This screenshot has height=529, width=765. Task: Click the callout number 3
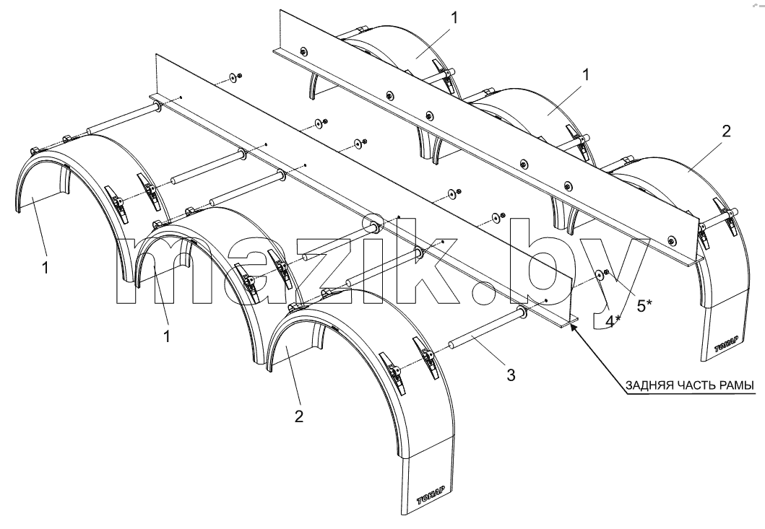(x=510, y=375)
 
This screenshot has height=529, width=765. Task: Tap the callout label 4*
(x=613, y=320)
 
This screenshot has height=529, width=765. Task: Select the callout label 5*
(x=644, y=306)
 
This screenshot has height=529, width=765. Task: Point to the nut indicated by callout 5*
(x=607, y=272)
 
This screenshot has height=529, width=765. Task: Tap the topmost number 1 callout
(x=454, y=18)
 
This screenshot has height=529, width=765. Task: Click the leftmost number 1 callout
(x=46, y=268)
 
